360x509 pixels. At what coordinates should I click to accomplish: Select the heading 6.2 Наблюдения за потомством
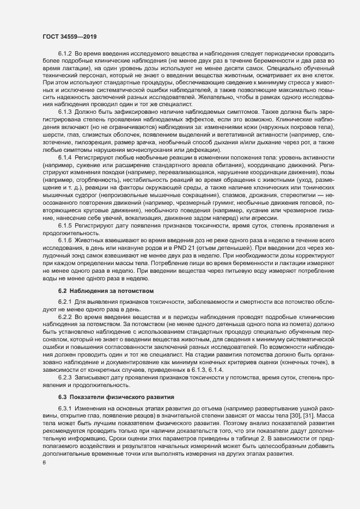106,291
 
